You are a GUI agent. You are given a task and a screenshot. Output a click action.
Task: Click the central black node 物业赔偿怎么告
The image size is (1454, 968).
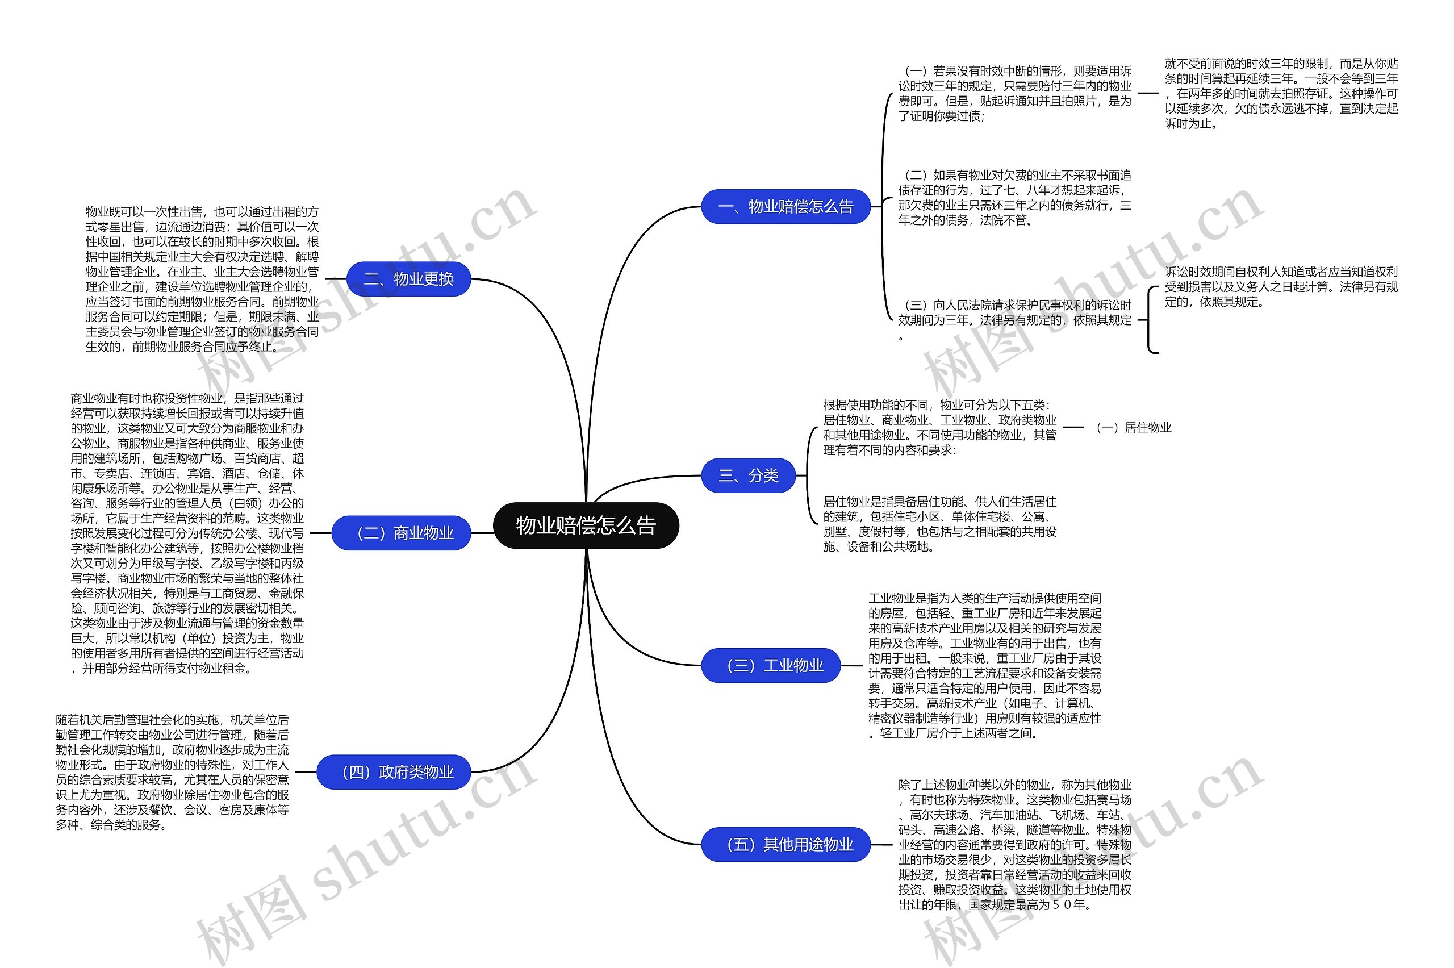click(586, 525)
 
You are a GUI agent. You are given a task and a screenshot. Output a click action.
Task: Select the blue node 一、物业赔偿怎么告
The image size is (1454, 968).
click(785, 206)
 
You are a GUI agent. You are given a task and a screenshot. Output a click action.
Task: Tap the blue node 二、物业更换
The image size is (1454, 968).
click(408, 279)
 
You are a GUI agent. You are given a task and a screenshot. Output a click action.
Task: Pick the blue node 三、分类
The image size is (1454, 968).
click(748, 475)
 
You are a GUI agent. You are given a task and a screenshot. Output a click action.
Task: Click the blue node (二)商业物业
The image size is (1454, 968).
click(401, 533)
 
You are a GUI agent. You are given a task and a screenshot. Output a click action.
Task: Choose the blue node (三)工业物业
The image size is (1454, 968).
click(771, 666)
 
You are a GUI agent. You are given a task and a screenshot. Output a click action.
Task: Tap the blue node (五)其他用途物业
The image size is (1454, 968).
click(786, 844)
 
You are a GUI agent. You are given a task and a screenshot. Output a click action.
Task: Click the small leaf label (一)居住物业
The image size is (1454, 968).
click(1133, 427)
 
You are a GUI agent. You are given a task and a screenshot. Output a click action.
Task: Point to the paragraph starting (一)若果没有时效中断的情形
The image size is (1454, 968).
click(1014, 93)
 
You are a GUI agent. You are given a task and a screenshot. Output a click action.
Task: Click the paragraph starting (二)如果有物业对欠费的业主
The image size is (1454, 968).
click(1014, 198)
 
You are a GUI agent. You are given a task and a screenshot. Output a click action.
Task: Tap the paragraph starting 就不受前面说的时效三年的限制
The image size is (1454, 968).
click(1281, 93)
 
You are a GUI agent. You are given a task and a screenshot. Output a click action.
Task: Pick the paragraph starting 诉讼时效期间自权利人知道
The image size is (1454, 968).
click(1281, 286)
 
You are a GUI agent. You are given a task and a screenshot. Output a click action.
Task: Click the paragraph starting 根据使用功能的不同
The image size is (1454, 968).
click(939, 427)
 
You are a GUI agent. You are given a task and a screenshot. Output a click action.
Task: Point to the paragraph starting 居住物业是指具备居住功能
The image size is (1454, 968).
click(939, 524)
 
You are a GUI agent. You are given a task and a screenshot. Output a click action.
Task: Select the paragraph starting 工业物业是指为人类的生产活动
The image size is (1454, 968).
click(984, 666)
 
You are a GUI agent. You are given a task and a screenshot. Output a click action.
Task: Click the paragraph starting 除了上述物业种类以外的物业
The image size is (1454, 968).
click(1014, 844)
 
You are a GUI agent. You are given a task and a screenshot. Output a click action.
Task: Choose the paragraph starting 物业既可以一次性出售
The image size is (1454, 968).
click(202, 279)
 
